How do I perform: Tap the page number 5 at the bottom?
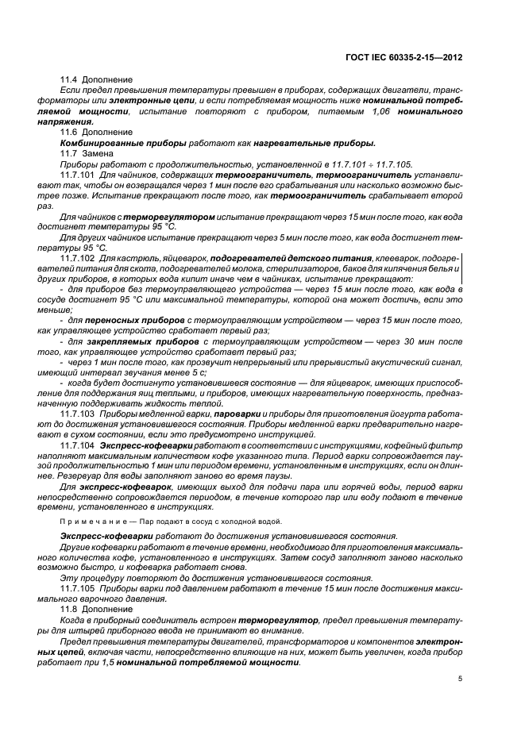tap(460, 678)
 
